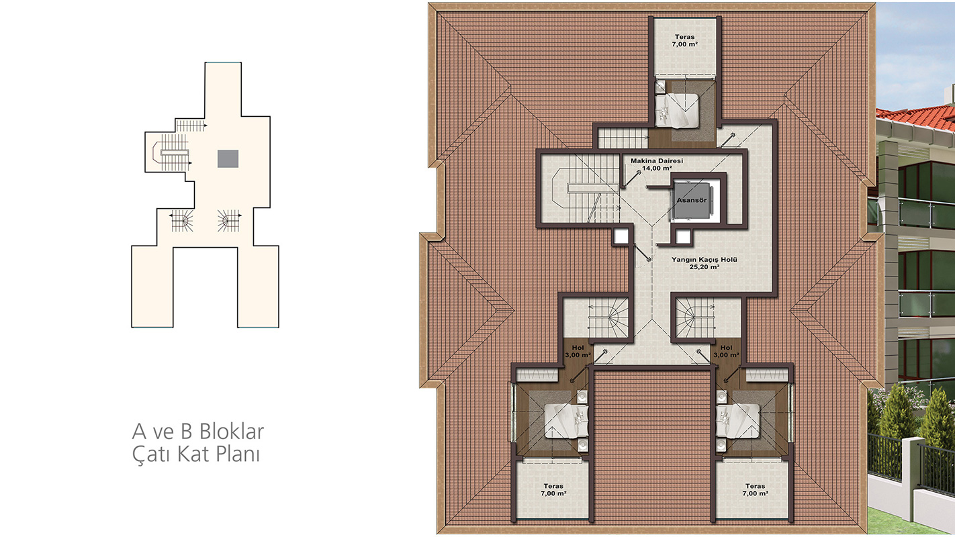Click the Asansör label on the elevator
pos(692,200)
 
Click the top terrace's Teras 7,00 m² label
pos(685,40)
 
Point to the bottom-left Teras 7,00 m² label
pos(553,490)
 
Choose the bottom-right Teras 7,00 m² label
pos(755,490)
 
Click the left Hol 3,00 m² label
pos(578,351)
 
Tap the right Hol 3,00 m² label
pos(726,351)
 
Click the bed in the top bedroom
pos(677,110)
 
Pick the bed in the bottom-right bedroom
pos(738,421)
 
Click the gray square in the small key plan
pos(228,158)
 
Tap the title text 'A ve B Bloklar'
pos(198,432)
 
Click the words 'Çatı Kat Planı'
pos(196,454)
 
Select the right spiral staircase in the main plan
pos(695,318)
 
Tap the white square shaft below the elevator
pos(683,237)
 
